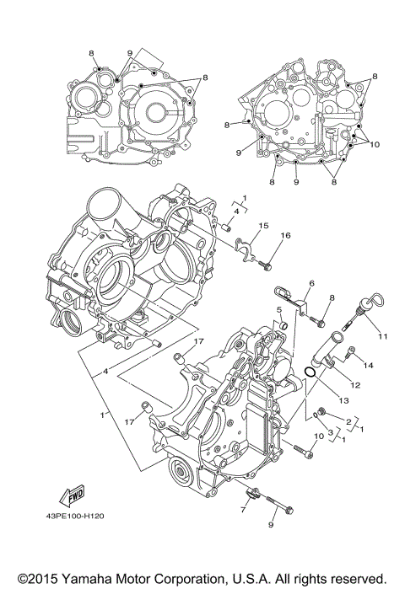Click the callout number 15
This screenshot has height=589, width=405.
(x=263, y=226)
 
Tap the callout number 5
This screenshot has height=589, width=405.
(x=276, y=311)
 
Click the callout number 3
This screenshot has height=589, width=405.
(x=331, y=431)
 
